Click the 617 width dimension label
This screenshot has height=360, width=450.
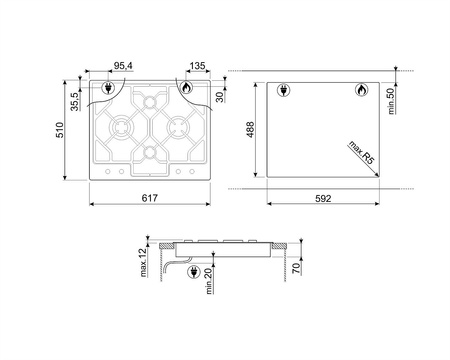(150, 198)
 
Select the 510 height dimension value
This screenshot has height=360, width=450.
(59, 130)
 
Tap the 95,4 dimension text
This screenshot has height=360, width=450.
(123, 66)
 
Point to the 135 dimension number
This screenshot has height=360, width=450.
(197, 66)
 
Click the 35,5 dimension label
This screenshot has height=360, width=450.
(75, 101)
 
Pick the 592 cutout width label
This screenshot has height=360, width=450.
(323, 199)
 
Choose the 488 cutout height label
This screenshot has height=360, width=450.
(250, 129)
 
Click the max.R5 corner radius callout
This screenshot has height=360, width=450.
(361, 152)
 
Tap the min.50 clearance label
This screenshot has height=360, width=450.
(391, 101)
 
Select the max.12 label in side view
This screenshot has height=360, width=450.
(143, 263)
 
